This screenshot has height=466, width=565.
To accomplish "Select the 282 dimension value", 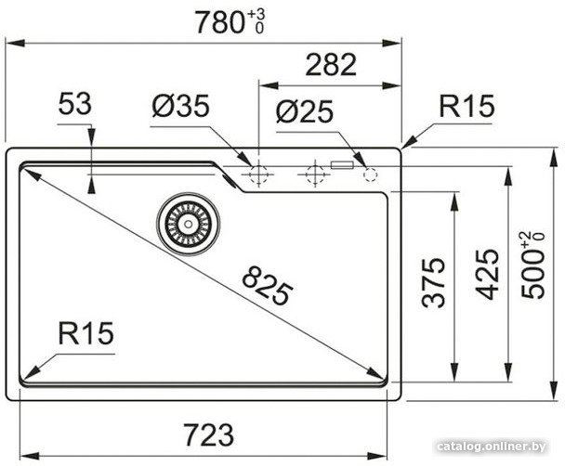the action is [331, 65].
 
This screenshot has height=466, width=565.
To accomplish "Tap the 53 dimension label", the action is [75, 104].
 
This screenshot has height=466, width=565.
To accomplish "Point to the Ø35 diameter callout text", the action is [180, 106].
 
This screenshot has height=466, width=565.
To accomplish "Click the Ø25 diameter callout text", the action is [305, 111].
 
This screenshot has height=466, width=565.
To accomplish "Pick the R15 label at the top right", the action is [466, 106].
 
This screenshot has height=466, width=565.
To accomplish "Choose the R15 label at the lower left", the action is [85, 333].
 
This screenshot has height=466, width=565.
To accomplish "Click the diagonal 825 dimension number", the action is [268, 285].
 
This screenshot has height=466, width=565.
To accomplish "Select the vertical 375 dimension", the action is [433, 283].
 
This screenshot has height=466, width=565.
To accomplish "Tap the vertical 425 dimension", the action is [486, 274].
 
